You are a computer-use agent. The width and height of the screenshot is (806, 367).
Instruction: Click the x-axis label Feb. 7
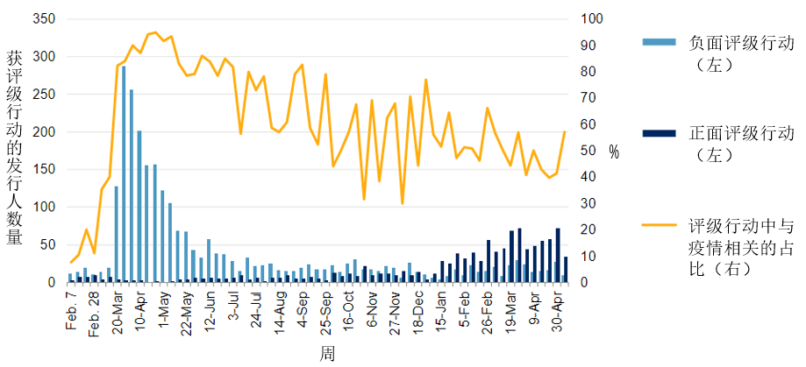72,314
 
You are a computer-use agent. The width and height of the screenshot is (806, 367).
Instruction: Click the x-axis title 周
326,354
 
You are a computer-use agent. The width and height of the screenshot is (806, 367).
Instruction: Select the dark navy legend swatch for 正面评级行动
659,133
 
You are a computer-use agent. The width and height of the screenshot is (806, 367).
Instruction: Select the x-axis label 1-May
164,309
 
